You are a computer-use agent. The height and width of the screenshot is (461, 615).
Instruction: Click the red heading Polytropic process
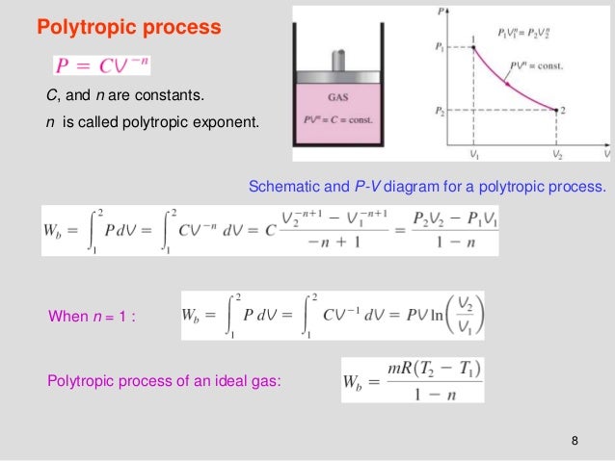tap(129, 27)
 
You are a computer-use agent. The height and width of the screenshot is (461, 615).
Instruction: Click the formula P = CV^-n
tap(101, 65)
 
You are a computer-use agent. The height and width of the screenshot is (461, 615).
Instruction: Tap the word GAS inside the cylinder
tap(338, 97)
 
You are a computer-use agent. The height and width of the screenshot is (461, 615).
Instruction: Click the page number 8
tap(575, 441)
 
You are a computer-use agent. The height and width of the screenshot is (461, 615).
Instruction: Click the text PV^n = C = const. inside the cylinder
tap(338, 119)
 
